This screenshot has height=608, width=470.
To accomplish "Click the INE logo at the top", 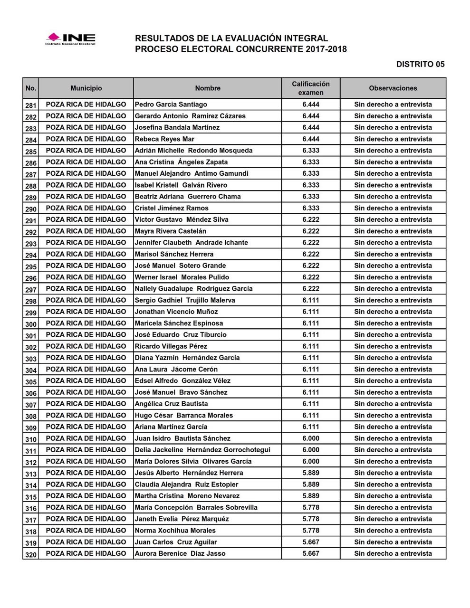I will [x=70, y=38].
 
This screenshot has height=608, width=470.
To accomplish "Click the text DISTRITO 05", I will [x=420, y=64].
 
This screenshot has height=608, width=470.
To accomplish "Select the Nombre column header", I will [x=208, y=88].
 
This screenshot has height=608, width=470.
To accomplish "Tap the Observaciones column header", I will [x=393, y=88].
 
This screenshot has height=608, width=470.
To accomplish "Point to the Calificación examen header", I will [x=311, y=88].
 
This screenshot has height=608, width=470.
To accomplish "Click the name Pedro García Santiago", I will [x=171, y=104].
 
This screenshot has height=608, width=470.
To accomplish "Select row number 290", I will [x=31, y=209].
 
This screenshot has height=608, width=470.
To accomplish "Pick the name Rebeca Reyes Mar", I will [x=164, y=139].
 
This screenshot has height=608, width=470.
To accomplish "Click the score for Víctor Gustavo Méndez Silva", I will [x=311, y=219].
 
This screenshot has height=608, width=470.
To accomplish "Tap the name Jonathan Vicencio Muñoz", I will [x=176, y=312].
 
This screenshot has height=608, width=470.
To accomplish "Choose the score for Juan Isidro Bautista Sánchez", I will [x=311, y=438].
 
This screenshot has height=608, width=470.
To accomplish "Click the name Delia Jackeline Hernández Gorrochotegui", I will [x=202, y=450].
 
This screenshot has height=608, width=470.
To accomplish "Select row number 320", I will [x=31, y=554].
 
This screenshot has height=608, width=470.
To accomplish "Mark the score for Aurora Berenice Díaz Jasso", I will [x=311, y=553].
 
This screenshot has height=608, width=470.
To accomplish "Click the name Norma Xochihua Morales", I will [x=175, y=531].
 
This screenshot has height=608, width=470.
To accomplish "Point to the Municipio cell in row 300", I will [x=86, y=323].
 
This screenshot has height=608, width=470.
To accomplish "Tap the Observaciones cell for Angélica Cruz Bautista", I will [x=393, y=404].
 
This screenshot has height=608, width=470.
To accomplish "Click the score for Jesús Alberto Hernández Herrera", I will [x=311, y=473].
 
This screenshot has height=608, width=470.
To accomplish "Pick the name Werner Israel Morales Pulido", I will [x=182, y=277].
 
